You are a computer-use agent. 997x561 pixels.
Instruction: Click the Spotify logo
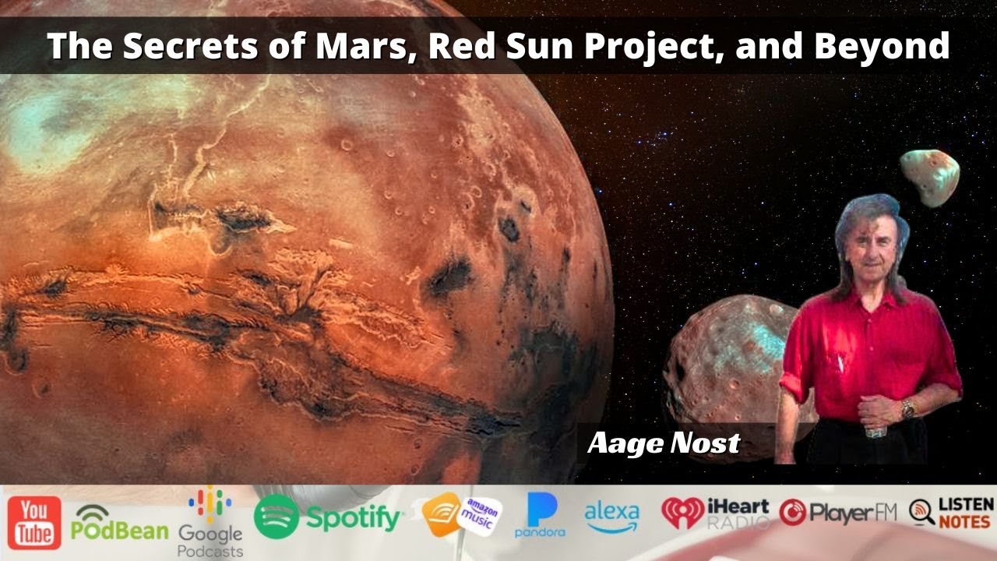click(x=328, y=517)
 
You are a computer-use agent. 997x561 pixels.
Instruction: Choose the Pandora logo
click(x=540, y=515)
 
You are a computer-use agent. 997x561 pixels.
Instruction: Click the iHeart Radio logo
click(x=714, y=513)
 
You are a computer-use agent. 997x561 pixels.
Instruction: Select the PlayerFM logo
click(x=837, y=512)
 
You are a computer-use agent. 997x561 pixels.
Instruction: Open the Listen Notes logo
click(x=951, y=513)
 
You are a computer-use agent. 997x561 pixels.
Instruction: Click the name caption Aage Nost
click(x=663, y=443)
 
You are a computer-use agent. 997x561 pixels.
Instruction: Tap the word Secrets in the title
click(x=175, y=47)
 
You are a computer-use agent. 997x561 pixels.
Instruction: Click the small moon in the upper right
click(x=929, y=177)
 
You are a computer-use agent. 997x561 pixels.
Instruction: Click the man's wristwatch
click(x=907, y=408)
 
